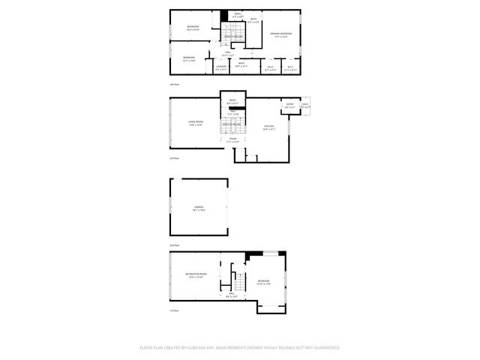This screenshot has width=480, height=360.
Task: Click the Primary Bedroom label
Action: pos(280,34)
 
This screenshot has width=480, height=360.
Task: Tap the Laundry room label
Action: pos(221,67)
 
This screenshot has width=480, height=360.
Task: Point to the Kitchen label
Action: pos(268,126)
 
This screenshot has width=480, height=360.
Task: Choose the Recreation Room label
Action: pos(196,275)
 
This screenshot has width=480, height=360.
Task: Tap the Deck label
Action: pos(305,104)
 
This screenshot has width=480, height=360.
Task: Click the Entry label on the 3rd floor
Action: pos(289,105)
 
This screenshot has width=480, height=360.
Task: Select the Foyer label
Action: pos(232,139)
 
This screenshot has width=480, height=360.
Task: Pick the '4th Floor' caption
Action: pos(174,85)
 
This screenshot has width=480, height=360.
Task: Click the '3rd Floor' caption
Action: pos(174,158)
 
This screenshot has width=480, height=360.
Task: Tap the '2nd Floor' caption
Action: pos(174,245)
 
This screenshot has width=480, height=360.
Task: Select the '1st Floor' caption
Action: pos(174,310)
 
